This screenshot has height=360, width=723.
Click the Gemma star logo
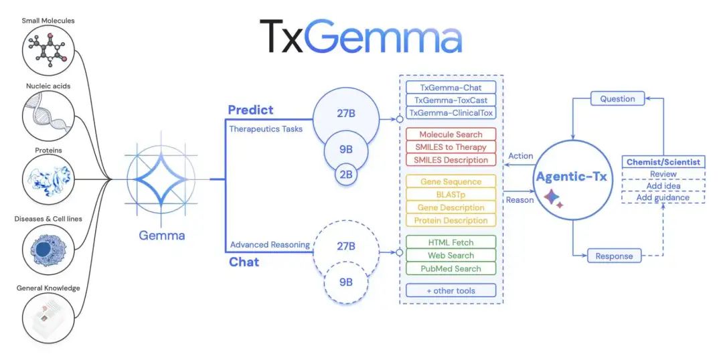point(162,179)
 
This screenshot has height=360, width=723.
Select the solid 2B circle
point(346,175)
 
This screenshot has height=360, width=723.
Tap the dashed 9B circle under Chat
point(346,282)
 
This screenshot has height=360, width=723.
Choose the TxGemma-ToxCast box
point(451,100)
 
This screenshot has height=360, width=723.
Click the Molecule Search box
point(451,134)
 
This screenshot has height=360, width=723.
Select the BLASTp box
point(451,194)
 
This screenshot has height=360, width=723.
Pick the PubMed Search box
point(451,268)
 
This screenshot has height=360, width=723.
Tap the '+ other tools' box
point(451,290)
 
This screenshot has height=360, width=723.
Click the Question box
point(617,99)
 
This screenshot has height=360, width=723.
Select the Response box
point(614,256)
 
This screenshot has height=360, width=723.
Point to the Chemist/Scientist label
point(663,162)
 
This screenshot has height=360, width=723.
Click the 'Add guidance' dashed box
point(663,197)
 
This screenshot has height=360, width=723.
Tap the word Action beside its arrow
point(521,156)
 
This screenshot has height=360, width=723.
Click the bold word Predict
point(250,110)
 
